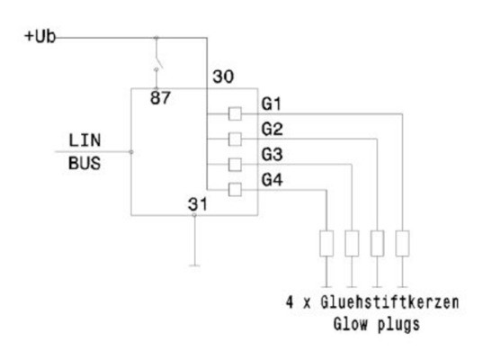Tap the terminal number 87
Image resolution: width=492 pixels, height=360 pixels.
[x=161, y=97]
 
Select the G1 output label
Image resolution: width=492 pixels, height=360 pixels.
[x=273, y=105]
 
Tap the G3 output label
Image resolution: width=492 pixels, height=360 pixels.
[x=273, y=156]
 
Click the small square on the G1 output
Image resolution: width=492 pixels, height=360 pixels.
[x=235, y=113]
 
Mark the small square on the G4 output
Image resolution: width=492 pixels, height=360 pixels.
[x=235, y=189]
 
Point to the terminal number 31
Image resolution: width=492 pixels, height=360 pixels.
[x=198, y=203]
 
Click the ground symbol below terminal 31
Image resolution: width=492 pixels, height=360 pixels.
[x=194, y=265]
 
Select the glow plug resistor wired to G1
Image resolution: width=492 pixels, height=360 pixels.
[x=403, y=243]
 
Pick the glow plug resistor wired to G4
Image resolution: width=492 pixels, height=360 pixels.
[x=326, y=243]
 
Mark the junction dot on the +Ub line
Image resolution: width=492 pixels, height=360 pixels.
[x=158, y=38]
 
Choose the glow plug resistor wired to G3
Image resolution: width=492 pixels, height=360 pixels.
[x=352, y=243]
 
